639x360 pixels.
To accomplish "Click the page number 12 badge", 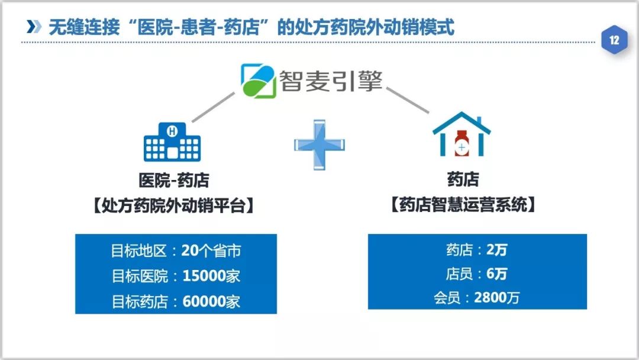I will point(614,41).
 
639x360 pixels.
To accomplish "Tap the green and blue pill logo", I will point(259,81).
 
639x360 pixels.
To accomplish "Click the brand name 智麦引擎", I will point(331,82).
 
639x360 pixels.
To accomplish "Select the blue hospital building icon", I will point(172,142).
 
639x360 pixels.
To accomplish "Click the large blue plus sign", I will point(319,144).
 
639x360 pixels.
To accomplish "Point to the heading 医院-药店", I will point(173,179).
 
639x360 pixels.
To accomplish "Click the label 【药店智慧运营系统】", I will point(464,205).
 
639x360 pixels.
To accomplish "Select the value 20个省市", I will point(211,251).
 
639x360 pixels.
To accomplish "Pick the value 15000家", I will point(211,276).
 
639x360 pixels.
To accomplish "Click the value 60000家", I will point(211,301).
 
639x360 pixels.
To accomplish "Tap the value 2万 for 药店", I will point(496,250).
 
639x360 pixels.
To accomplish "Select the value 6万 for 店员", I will point(496,274).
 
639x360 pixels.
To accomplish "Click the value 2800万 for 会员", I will point(496,298).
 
